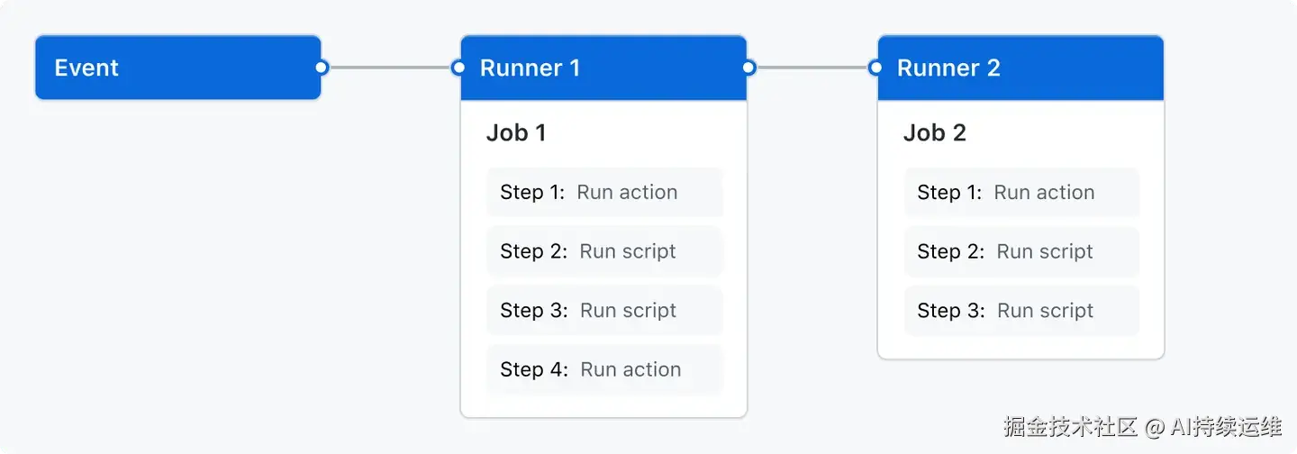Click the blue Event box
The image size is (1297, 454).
[x=177, y=68]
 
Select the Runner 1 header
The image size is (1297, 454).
[x=603, y=68]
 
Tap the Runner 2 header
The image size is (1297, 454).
[x=1020, y=68]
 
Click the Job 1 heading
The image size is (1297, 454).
[x=516, y=133]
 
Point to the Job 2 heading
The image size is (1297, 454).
[x=934, y=133]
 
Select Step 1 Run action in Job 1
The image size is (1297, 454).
[x=604, y=192]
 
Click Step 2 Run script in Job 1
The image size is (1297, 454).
[x=604, y=251]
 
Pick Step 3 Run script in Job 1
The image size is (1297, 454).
[x=604, y=311]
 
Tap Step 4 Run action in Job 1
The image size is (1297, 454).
[x=604, y=369]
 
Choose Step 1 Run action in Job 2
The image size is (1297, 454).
[x=1021, y=192]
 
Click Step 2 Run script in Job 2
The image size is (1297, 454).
[x=1021, y=251]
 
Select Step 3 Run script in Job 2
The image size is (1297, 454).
[x=1021, y=311]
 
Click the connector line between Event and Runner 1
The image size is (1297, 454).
[x=390, y=68]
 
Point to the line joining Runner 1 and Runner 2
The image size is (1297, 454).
[x=812, y=68]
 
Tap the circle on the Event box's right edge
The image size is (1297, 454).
[x=322, y=68]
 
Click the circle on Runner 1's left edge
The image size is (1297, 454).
[x=458, y=68]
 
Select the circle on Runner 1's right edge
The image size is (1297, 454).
[x=748, y=68]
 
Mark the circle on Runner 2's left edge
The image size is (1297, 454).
[x=875, y=68]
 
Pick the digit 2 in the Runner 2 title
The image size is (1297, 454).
[x=993, y=68]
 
